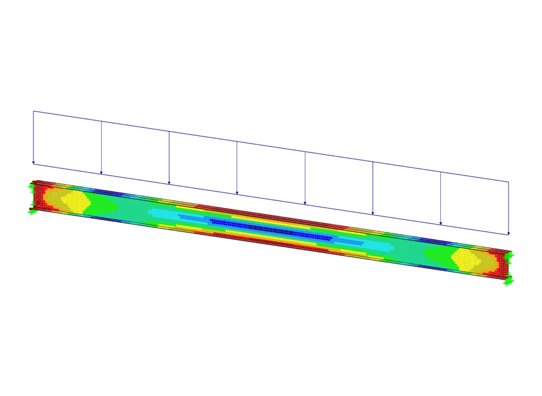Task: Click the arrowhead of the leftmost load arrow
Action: click(33, 163)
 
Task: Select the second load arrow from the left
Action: click(102, 147)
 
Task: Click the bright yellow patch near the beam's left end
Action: click(73, 200)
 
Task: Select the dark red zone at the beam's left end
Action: click(37, 195)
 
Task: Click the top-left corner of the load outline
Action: click(33, 111)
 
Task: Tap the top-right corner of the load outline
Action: click(508, 182)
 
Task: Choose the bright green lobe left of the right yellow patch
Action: click(435, 254)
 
